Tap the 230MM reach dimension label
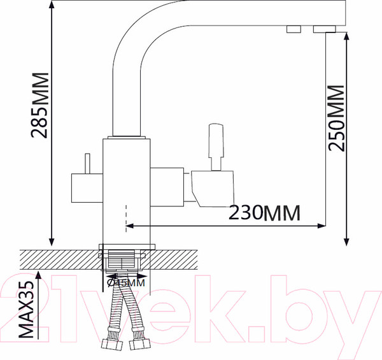point(262,213)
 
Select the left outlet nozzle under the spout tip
point(294,29)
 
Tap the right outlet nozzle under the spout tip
point(324,29)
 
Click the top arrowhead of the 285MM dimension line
point(52,5)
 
